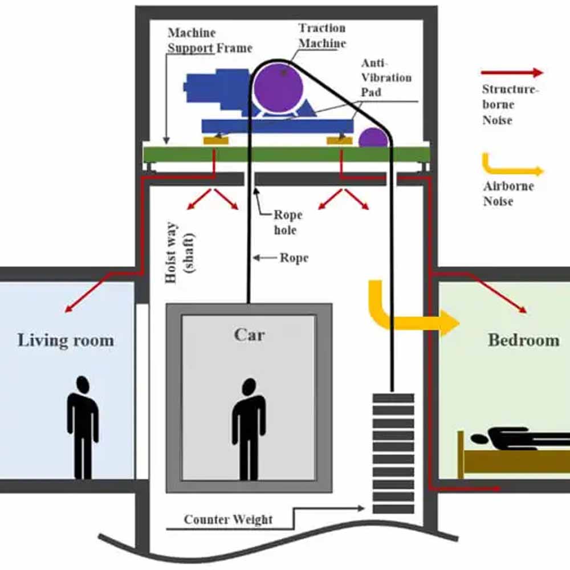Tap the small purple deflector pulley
point(373,138)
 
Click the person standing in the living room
point(83,427)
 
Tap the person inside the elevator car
point(248,427)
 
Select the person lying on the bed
point(513,439)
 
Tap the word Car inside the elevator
point(250,334)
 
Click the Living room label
point(66,341)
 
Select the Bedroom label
point(523,340)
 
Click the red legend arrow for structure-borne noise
point(511,72)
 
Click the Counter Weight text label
point(228,519)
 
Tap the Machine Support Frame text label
point(209,40)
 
